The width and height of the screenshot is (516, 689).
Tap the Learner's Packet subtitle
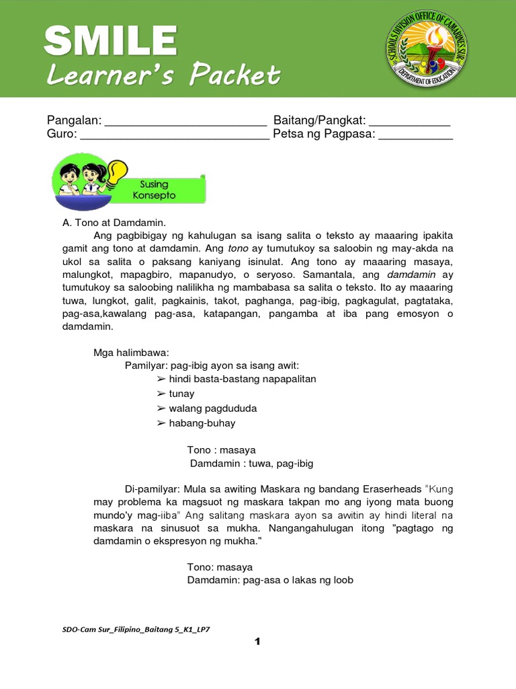[163, 75]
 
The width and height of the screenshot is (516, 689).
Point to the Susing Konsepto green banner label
[158, 190]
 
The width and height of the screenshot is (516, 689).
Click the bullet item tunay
[181, 394]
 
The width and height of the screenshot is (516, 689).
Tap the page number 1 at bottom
[257, 642]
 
